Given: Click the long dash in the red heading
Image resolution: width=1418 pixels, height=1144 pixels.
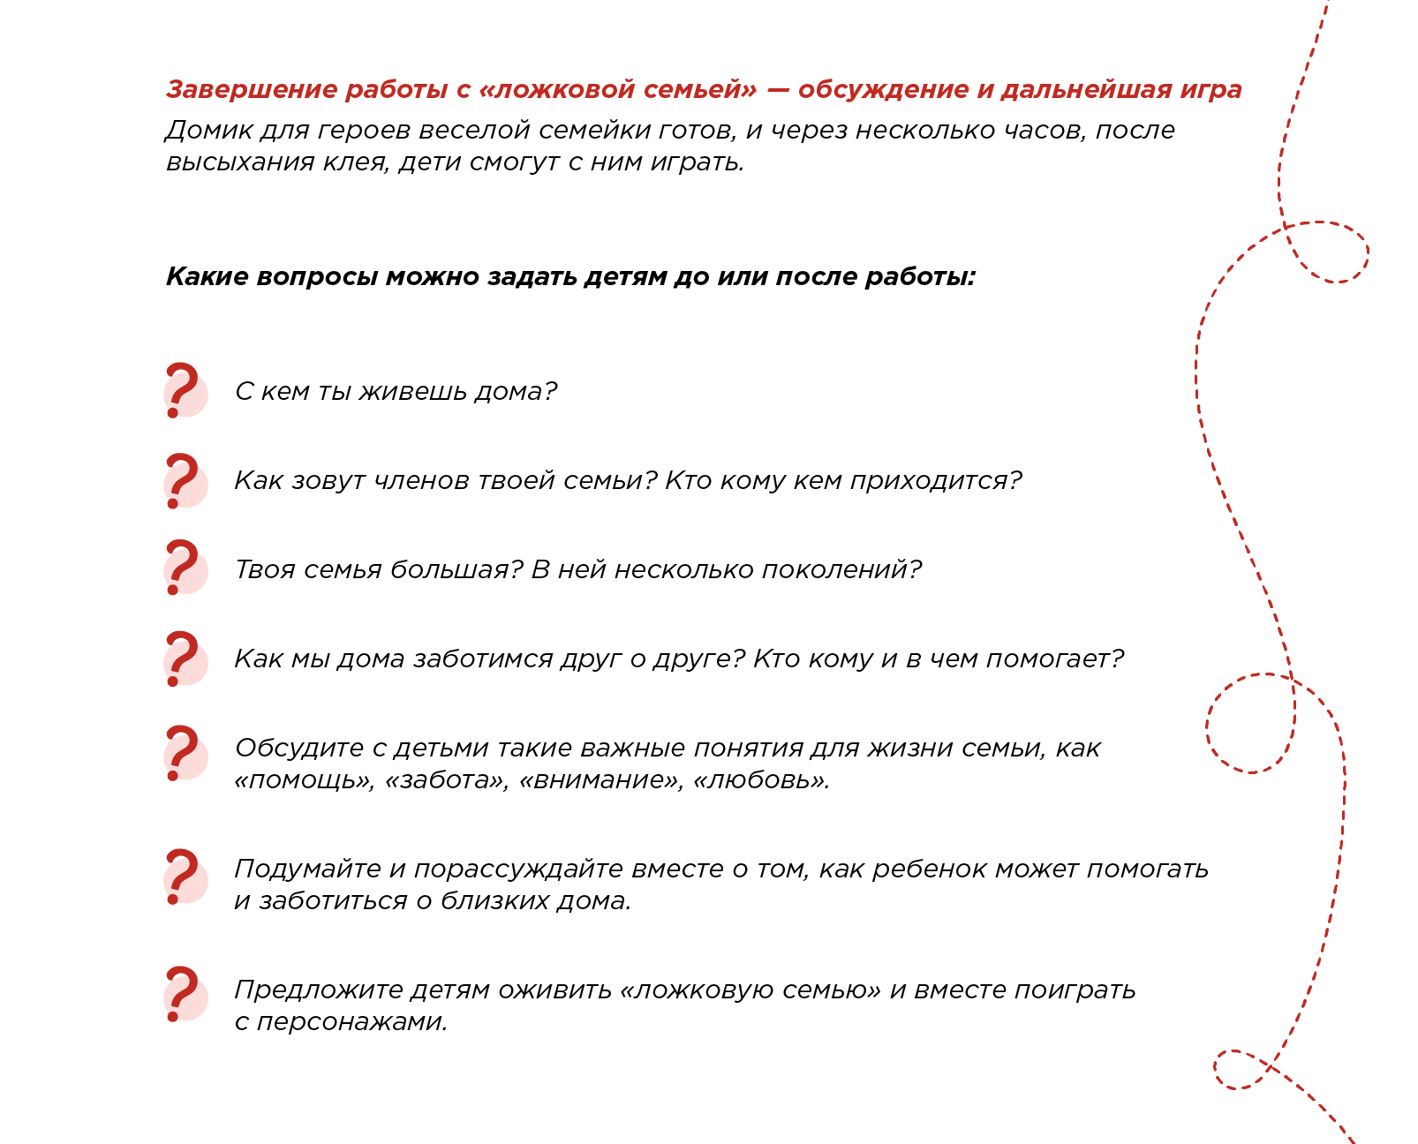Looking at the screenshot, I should pyautogui.click(x=778, y=90).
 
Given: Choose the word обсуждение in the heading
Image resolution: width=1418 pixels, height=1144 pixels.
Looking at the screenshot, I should pyautogui.click(x=883, y=90).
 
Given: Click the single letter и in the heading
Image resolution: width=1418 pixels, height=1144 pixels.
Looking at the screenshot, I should pyautogui.click(x=984, y=90).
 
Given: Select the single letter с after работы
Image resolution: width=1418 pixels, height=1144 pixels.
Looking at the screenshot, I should pyautogui.click(x=464, y=90).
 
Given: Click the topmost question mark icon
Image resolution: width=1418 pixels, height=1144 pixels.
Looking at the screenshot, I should pyautogui.click(x=185, y=390).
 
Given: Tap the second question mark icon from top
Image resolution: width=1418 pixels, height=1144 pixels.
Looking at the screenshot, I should pyautogui.click(x=185, y=482).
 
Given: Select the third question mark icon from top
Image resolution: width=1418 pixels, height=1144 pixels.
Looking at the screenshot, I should pyautogui.click(x=185, y=568).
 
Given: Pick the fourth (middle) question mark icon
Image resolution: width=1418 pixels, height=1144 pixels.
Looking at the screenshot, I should pyautogui.click(x=185, y=659).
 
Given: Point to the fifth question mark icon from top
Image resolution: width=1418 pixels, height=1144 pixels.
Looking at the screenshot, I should pyautogui.click(x=185, y=754).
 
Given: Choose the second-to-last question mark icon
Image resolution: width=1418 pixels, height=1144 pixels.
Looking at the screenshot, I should pyautogui.click(x=185, y=877).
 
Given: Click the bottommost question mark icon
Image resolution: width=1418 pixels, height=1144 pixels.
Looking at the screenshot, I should pyautogui.click(x=185, y=995).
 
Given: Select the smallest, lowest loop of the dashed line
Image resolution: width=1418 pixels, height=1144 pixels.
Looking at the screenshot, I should pyautogui.click(x=1241, y=1069).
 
